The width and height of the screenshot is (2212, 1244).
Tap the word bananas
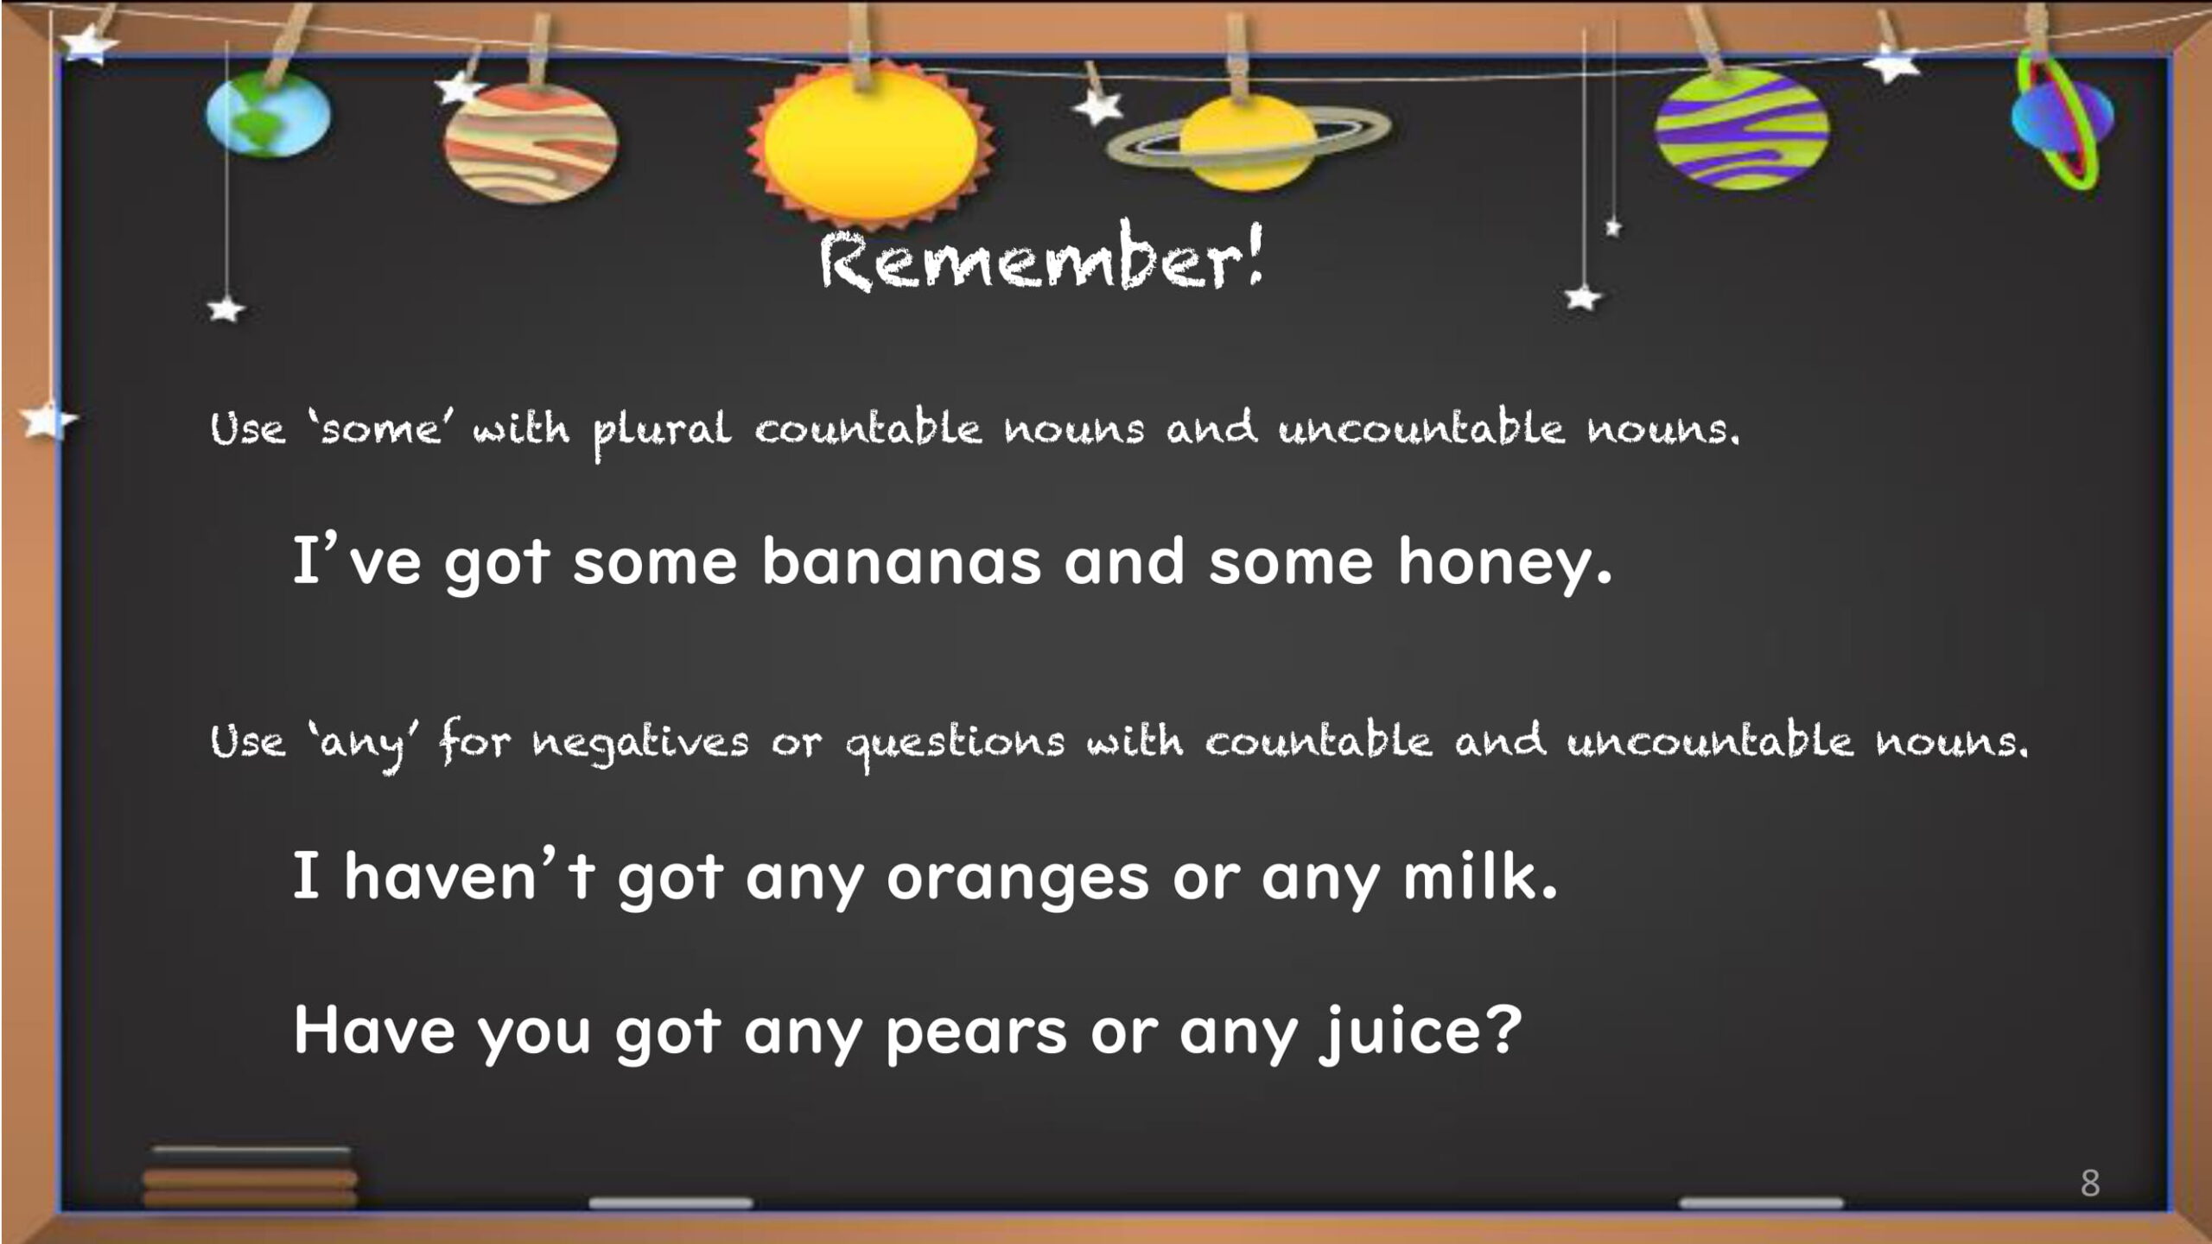(x=901, y=562)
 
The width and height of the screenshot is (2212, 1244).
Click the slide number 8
(x=2089, y=1183)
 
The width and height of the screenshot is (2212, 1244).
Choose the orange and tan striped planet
(x=531, y=142)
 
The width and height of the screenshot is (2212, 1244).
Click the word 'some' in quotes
(x=381, y=428)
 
